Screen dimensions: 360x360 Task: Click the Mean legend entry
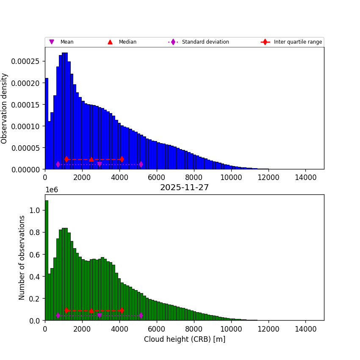[x=66, y=42]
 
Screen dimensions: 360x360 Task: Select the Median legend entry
[x=127, y=42]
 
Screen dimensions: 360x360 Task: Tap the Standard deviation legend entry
[x=205, y=42]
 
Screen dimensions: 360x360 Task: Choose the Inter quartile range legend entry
[x=297, y=42]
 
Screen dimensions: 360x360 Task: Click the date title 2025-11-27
[x=184, y=188]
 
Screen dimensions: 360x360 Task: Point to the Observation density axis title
[x=5, y=108]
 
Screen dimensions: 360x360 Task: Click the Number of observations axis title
[x=22, y=258]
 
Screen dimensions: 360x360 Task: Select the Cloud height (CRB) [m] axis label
[x=184, y=339]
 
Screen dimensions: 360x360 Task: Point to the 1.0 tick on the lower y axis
[x=35, y=210]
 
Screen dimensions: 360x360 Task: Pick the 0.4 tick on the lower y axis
[x=35, y=277]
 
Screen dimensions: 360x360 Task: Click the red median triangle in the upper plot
[x=91, y=159]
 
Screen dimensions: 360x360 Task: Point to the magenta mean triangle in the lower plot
[x=100, y=316]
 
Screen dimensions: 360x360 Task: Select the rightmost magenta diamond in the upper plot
[x=141, y=164]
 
